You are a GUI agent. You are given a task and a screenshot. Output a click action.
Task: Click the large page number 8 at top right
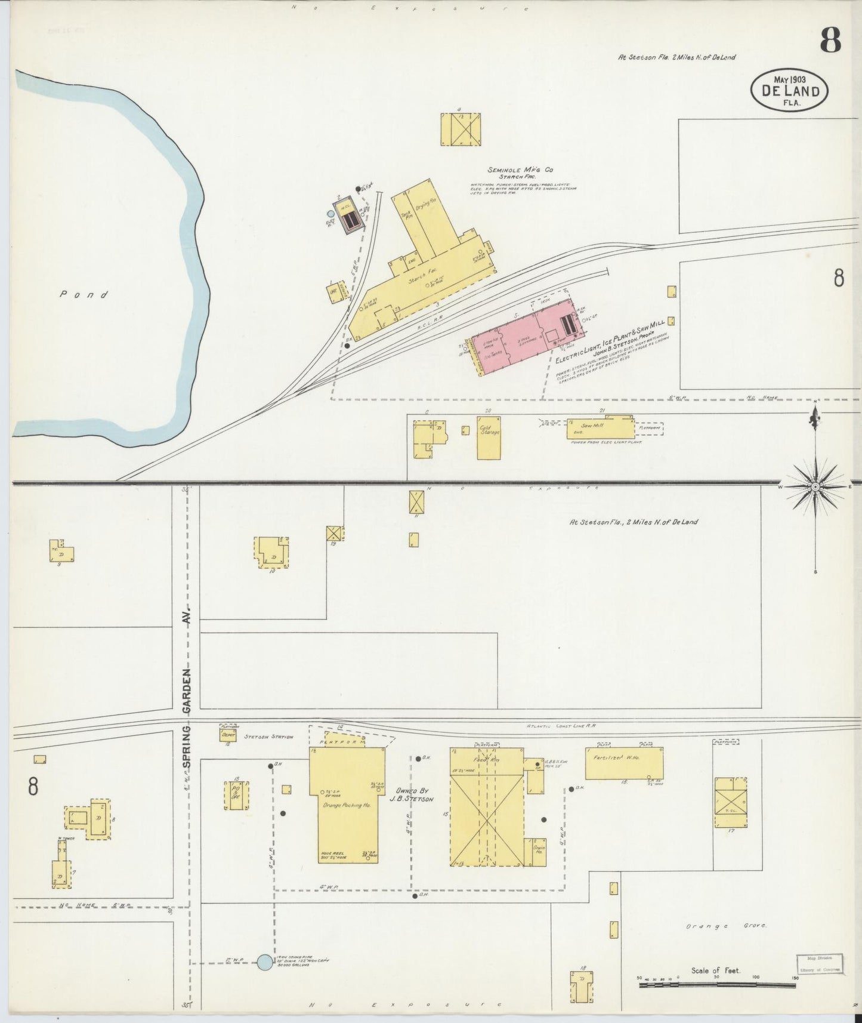[x=830, y=41]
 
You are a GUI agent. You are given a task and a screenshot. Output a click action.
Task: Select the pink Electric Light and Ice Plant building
[x=522, y=337]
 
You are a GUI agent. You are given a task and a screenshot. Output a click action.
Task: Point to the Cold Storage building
[x=489, y=437]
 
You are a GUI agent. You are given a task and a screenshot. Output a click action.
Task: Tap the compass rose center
[x=815, y=486]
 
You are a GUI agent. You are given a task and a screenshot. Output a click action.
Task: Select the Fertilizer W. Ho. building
[x=623, y=763]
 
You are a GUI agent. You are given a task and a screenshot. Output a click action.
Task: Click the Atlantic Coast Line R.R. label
[x=561, y=726]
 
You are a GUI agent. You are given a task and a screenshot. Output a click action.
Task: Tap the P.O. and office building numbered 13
[x=236, y=796]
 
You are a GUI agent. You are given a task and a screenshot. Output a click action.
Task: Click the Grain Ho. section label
[x=538, y=849]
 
